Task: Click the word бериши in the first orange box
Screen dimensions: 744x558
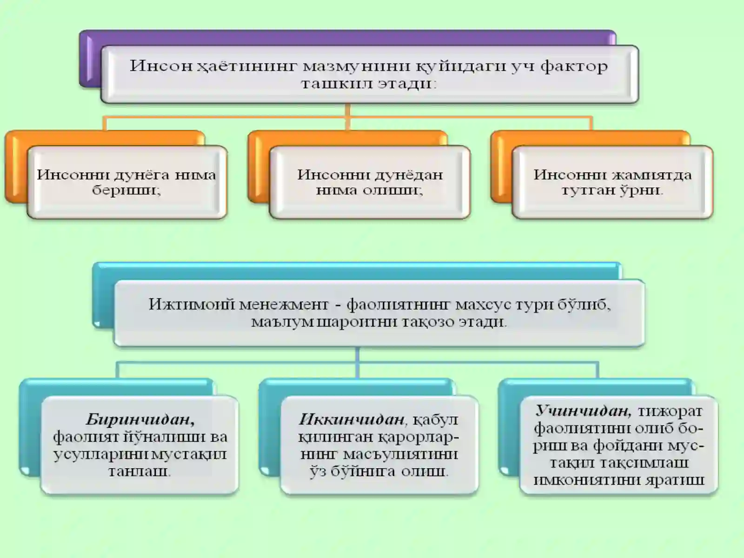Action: click(x=126, y=190)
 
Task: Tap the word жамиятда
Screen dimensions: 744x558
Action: click(x=651, y=175)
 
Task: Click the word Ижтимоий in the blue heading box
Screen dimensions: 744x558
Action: click(x=192, y=304)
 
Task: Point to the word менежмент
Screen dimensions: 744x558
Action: click(x=284, y=305)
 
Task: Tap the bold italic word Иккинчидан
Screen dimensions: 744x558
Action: click(x=352, y=420)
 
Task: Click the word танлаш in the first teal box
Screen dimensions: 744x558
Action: click(x=139, y=472)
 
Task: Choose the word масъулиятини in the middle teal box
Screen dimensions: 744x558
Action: click(x=400, y=454)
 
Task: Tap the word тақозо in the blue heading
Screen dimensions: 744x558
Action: click(x=428, y=321)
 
